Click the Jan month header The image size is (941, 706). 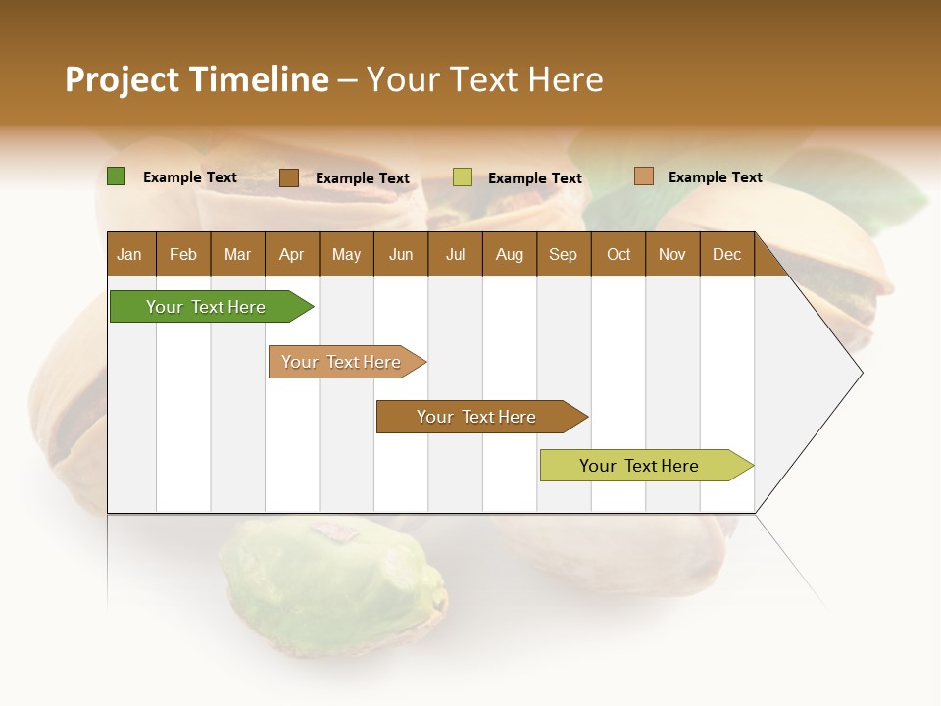(129, 255)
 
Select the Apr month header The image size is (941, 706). (291, 255)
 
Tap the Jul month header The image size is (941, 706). (455, 255)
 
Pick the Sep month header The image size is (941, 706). (563, 255)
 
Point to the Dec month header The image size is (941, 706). (726, 255)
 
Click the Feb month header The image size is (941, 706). (183, 255)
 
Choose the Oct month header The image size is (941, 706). (618, 255)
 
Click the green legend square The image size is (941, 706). (116, 176)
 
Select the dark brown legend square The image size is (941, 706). (288, 177)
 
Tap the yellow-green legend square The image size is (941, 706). (463, 177)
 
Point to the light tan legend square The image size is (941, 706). (643, 176)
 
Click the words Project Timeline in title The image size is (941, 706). (196, 79)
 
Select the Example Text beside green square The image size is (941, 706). (190, 177)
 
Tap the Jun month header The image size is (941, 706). (400, 255)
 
